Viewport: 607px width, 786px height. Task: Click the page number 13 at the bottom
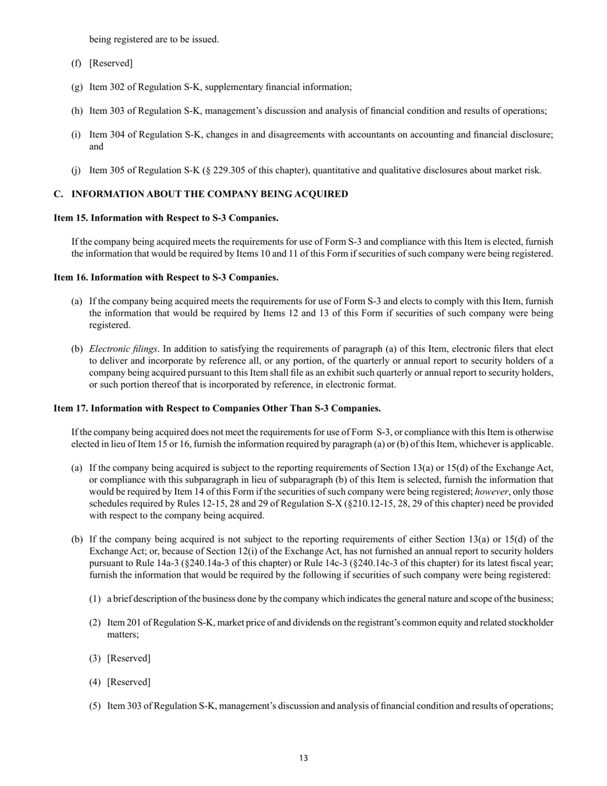pyautogui.click(x=303, y=758)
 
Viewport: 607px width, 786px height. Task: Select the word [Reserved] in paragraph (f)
pyautogui.click(x=111, y=63)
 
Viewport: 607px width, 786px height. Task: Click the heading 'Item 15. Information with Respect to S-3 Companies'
pyautogui.click(x=166, y=218)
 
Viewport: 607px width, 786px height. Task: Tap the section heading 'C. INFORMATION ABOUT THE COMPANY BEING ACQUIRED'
pyautogui.click(x=201, y=194)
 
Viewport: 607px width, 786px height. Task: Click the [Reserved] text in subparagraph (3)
pyautogui.click(x=128, y=658)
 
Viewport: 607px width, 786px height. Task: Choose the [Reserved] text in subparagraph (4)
pyautogui.click(x=128, y=682)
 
